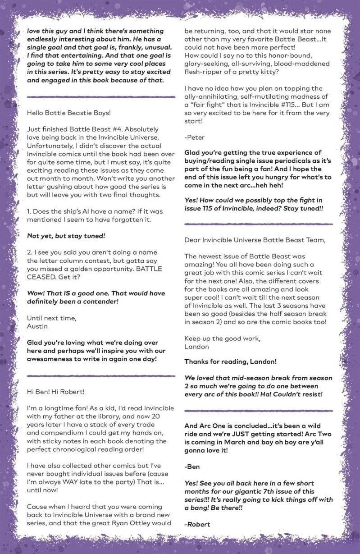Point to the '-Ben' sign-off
click(x=192, y=467)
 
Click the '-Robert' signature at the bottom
click(x=197, y=524)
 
